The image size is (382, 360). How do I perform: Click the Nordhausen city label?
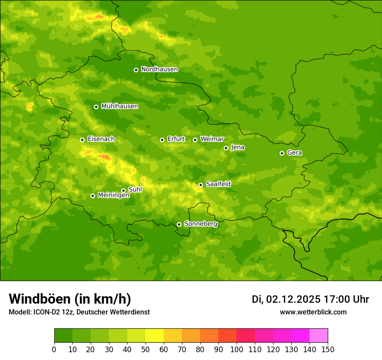tap(159, 69)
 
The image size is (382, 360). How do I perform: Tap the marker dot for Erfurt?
tap(162, 140)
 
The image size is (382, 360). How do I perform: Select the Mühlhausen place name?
tap(119, 106)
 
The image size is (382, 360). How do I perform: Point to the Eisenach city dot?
tap(82, 140)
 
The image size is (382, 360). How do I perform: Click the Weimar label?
tap(212, 139)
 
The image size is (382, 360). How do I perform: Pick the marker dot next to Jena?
tap(226, 148)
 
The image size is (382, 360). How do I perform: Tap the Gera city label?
tap(294, 153)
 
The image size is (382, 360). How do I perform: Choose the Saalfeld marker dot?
tap(201, 185)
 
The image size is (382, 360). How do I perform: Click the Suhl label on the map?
tap(135, 190)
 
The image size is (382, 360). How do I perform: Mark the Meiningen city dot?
tap(92, 196)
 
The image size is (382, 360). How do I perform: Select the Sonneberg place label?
tap(201, 224)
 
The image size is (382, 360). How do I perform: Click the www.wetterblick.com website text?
tap(313, 312)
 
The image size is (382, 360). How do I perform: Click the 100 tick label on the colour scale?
tap(237, 350)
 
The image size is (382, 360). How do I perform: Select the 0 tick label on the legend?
tap(54, 350)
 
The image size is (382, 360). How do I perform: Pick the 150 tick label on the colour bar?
tap(328, 350)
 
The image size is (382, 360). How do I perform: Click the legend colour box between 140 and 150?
tap(319, 336)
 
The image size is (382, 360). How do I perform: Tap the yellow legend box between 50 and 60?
tap(155, 336)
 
